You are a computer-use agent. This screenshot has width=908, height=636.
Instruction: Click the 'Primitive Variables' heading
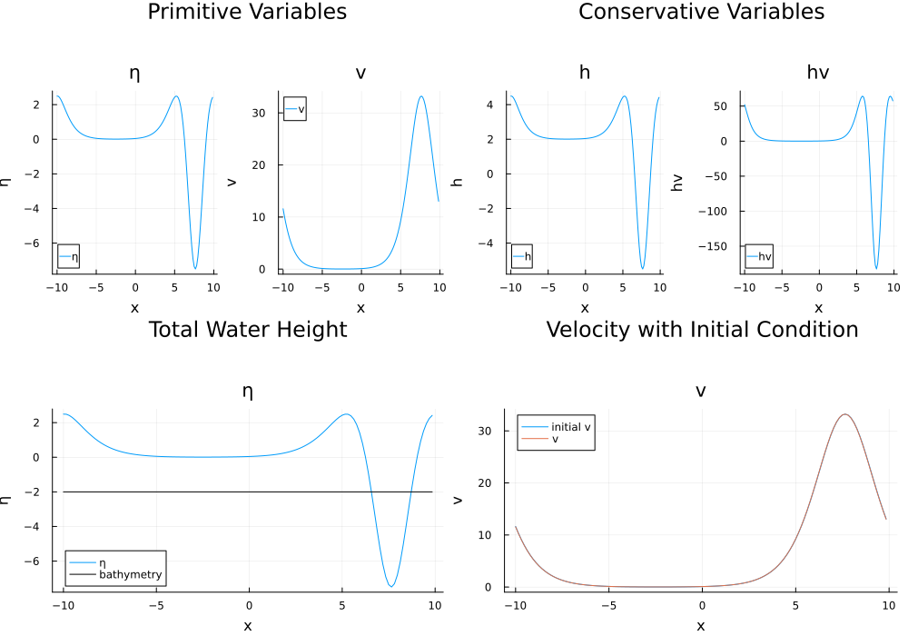(x=247, y=12)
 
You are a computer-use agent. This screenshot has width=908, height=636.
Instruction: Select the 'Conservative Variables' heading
(x=701, y=12)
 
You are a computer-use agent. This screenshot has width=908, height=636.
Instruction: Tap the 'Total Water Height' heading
(x=247, y=329)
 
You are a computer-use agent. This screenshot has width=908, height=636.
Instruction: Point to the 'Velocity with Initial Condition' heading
(x=701, y=329)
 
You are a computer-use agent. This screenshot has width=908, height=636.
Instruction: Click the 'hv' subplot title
(x=817, y=73)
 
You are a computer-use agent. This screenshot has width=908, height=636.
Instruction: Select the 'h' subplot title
(x=584, y=73)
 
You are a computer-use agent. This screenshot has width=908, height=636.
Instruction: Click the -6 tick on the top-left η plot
(x=38, y=243)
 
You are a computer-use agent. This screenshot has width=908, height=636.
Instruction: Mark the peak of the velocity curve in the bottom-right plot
(x=845, y=414)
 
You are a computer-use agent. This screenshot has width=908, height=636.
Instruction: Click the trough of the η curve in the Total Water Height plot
(x=390, y=586)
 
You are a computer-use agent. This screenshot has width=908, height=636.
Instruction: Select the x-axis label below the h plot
(x=584, y=308)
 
